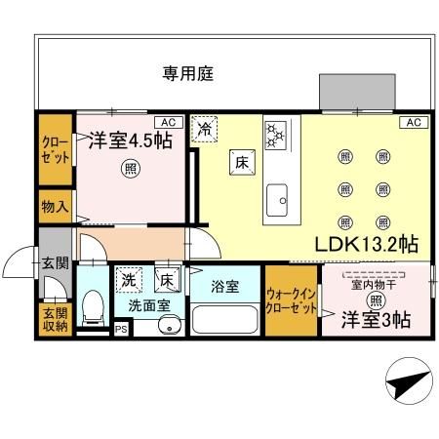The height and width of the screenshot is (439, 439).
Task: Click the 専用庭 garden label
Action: click(x=187, y=73)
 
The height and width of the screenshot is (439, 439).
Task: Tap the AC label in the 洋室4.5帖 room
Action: click(x=168, y=122)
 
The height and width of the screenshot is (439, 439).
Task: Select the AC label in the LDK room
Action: click(x=413, y=122)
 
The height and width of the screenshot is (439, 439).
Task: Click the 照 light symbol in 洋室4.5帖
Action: click(x=130, y=168)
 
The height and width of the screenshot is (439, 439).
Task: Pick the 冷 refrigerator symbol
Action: click(x=206, y=128)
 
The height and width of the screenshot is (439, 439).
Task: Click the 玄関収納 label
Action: click(x=55, y=319)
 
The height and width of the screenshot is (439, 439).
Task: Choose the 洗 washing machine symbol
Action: click(x=129, y=278)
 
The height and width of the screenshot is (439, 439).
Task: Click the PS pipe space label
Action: click(x=121, y=329)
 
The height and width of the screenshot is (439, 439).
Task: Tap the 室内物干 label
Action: click(x=376, y=284)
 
